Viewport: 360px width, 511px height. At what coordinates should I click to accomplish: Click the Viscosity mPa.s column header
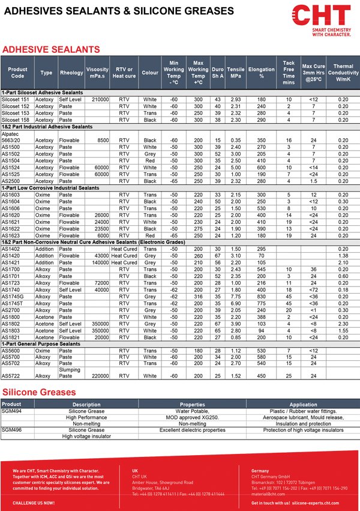click(97, 73)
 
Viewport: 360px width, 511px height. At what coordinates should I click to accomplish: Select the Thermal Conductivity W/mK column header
click(343, 73)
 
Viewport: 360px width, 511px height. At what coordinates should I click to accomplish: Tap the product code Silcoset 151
click(16, 99)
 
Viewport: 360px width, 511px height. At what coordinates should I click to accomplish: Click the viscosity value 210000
click(97, 99)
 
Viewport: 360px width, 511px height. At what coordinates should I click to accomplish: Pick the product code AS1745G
click(13, 296)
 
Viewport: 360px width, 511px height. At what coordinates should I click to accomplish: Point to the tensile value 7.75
click(236, 296)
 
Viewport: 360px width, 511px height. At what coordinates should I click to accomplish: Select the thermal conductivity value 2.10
click(343, 262)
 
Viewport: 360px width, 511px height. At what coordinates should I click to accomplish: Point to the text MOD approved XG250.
click(193, 417)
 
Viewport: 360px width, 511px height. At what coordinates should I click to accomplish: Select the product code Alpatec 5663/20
click(13, 138)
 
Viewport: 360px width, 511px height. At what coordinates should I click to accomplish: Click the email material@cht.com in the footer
click(265, 494)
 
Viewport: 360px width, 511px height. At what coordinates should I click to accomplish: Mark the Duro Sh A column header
click(218, 73)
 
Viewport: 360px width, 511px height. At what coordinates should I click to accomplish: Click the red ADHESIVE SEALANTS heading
click(51, 49)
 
